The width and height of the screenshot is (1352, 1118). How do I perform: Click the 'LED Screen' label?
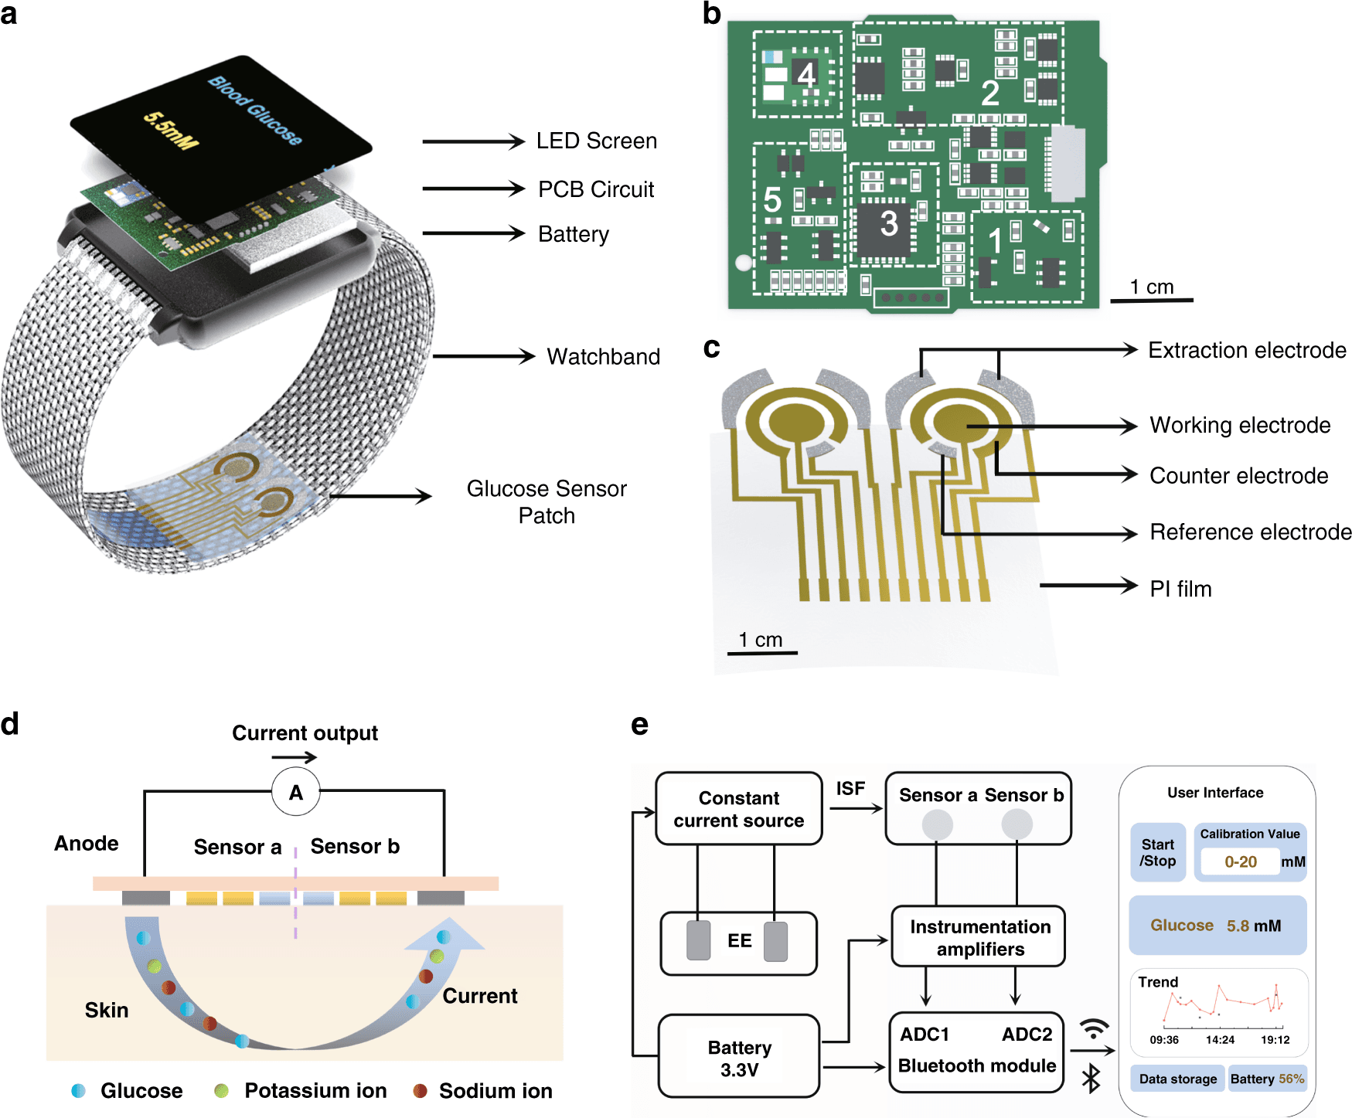pyautogui.click(x=596, y=141)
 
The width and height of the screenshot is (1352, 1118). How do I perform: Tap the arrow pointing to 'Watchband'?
pyautogui.click(x=483, y=356)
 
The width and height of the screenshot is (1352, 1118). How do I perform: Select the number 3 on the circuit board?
pyautogui.click(x=889, y=224)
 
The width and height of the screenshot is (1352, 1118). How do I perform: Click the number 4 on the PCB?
pyautogui.click(x=806, y=75)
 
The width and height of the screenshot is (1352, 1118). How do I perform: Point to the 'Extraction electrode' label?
pyautogui.click(x=1247, y=350)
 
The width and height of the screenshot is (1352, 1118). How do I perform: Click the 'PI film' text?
pyautogui.click(x=1180, y=589)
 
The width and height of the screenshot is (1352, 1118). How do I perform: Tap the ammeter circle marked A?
pyautogui.click(x=296, y=792)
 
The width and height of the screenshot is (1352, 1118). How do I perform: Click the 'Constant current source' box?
pyautogui.click(x=738, y=809)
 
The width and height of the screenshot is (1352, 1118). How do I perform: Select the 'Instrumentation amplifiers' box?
pyautogui.click(x=979, y=937)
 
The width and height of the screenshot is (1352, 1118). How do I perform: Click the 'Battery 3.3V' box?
pyautogui.click(x=739, y=1058)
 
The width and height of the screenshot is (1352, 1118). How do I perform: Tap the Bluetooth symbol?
pyautogui.click(x=1091, y=1079)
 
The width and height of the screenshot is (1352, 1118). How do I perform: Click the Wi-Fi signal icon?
pyautogui.click(x=1095, y=1029)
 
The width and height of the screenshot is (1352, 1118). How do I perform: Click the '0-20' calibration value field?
pyautogui.click(x=1241, y=861)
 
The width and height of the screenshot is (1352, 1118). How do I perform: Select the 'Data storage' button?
pyautogui.click(x=1177, y=1079)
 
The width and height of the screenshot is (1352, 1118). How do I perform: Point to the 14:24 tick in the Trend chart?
pyautogui.click(x=1220, y=1039)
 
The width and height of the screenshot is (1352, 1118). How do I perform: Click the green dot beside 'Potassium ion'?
pyautogui.click(x=222, y=1091)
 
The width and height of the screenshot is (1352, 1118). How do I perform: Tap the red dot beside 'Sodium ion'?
pyautogui.click(x=421, y=1091)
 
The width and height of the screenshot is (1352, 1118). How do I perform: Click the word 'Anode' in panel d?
pyautogui.click(x=87, y=843)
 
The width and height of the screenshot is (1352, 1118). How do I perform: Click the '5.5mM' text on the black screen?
pyautogui.click(x=171, y=131)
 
